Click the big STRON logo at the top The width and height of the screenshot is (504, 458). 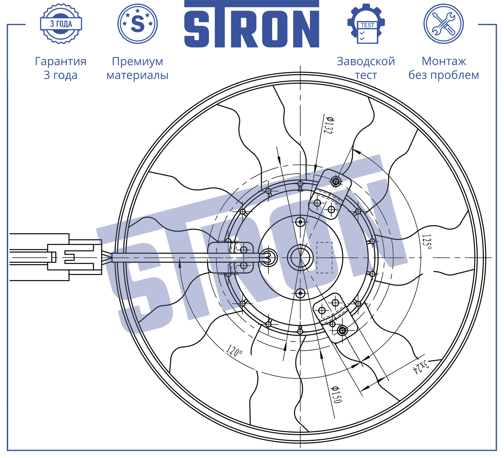(x=252, y=24)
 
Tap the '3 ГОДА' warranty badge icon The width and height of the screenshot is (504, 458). (x=61, y=24)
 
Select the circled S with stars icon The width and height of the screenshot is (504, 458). (x=137, y=24)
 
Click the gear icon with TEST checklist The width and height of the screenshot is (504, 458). (x=366, y=24)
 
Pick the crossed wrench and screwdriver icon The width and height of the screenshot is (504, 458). (x=444, y=24)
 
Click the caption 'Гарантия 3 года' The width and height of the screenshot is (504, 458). (x=61, y=68)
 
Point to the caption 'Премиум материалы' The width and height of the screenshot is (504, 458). (x=137, y=68)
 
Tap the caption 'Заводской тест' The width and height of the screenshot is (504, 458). (x=366, y=68)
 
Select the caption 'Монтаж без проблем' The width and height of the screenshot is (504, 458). (x=444, y=68)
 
